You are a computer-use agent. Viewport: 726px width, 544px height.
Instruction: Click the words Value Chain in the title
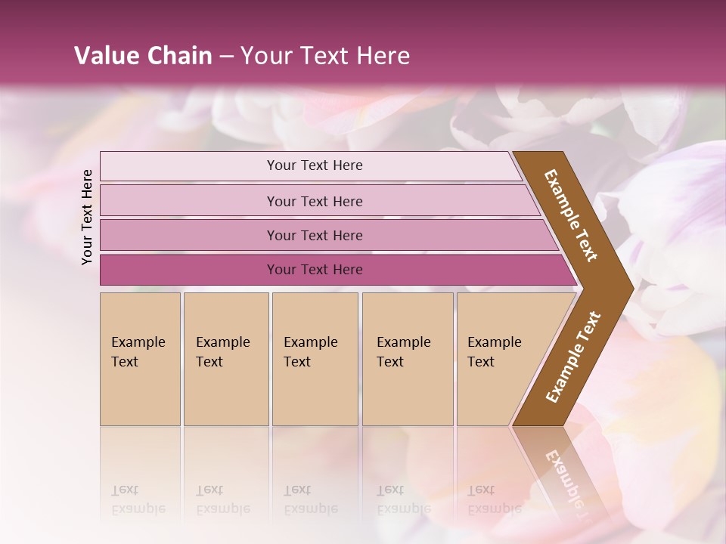click(x=143, y=56)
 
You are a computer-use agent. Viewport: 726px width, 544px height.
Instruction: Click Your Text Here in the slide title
click(x=325, y=56)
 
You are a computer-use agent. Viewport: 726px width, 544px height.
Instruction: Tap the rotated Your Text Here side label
click(x=87, y=217)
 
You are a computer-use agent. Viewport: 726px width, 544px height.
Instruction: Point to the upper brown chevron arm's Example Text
click(x=571, y=215)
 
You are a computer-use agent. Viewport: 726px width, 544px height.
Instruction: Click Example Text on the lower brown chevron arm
click(x=573, y=357)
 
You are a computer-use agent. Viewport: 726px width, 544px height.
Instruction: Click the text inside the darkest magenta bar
click(x=315, y=270)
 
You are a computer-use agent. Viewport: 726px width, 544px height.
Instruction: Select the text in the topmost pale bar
click(x=315, y=165)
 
